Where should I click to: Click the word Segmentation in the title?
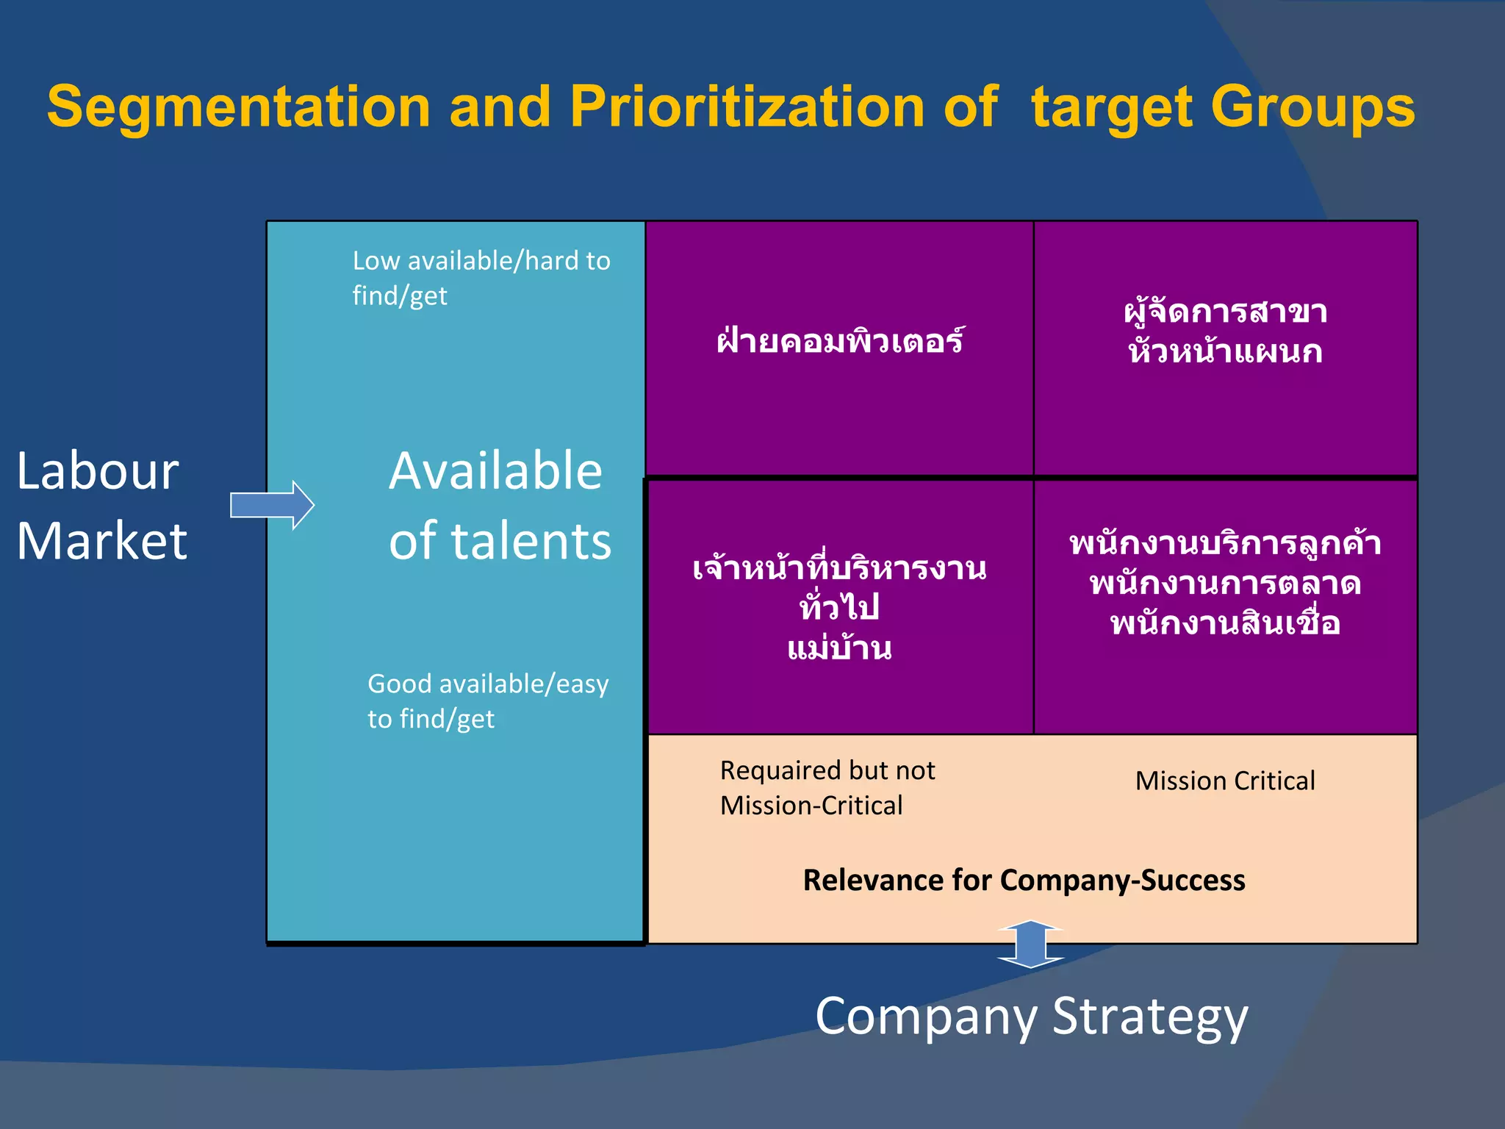pos(238,107)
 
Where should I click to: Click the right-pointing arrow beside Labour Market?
pos(273,505)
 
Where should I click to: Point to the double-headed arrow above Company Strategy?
pos(1031,944)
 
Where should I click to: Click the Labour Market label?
pos(101,505)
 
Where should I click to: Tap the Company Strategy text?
pos(1031,1017)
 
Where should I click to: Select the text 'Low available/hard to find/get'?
pos(481,278)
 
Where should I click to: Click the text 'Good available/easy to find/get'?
pos(488,700)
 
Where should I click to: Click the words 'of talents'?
pos(500,541)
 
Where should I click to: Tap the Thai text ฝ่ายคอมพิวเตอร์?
pos(840,341)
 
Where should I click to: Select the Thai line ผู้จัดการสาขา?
pos(1225,312)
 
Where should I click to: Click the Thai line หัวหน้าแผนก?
pos(1225,351)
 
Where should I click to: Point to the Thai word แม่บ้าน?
pos(839,648)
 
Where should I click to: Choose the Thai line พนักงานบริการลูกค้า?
pos(1225,544)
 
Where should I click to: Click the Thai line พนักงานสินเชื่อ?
pos(1225,623)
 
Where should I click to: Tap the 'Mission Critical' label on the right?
pos(1225,781)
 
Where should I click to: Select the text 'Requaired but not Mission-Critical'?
pos(827,788)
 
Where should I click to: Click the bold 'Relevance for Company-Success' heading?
pos(1024,880)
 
